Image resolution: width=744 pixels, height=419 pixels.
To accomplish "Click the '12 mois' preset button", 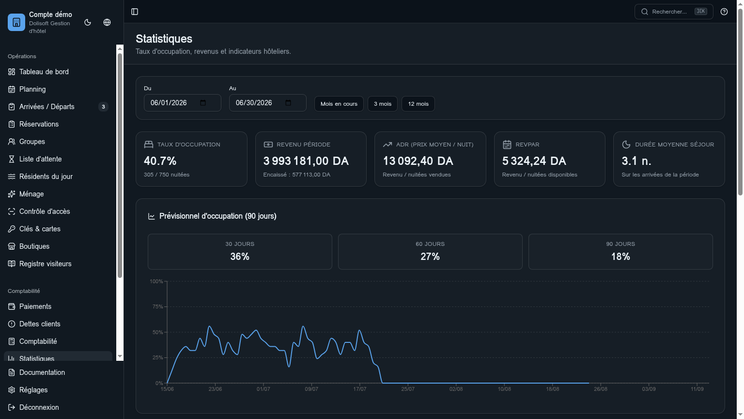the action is click(418, 104).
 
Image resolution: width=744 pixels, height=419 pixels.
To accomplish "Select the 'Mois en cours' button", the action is click(339, 104).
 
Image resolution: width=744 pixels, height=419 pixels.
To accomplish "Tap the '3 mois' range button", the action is click(382, 104).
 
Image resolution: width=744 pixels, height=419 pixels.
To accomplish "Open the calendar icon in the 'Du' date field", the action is click(203, 103).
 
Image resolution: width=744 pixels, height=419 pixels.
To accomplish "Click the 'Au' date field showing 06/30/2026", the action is click(267, 103).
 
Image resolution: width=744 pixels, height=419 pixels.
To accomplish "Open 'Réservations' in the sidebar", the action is click(39, 124).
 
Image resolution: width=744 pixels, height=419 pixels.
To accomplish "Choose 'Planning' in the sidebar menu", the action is click(32, 89).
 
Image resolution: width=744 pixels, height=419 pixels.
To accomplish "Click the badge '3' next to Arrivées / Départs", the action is click(103, 107).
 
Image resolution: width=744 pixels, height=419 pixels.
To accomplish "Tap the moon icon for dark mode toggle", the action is click(88, 22).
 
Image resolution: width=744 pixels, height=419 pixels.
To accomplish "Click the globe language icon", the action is click(107, 22).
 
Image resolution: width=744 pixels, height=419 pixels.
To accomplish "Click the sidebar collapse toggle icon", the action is click(135, 12).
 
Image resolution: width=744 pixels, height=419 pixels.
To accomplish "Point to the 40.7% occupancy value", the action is click(160, 161).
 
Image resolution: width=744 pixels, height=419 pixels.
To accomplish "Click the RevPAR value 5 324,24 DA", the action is click(534, 161).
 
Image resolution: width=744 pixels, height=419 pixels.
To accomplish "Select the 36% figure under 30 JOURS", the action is click(240, 257).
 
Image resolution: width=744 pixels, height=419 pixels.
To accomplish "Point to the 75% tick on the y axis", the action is click(157, 306).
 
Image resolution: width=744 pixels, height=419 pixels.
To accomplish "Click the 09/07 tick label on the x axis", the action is click(311, 389).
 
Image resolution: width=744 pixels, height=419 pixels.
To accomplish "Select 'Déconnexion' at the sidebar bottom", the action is click(39, 407).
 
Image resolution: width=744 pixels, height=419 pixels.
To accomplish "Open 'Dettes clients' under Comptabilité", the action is click(40, 324).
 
